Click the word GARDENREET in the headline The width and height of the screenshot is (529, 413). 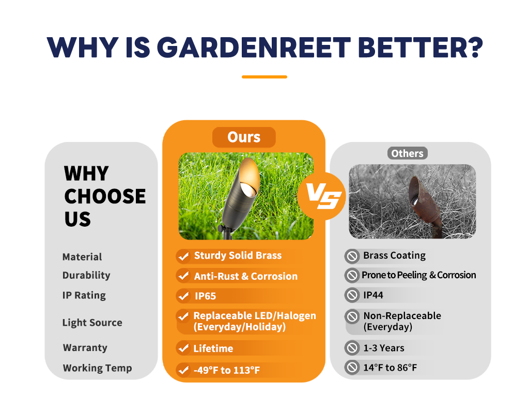pos(254,47)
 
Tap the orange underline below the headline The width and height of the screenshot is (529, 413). pos(264,77)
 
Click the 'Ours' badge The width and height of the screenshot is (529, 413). pos(244,137)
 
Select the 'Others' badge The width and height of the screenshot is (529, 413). pos(407,153)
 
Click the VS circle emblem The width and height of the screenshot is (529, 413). pos(322,196)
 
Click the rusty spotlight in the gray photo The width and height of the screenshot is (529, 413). pos(426,204)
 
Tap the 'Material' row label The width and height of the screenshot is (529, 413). pos(82,257)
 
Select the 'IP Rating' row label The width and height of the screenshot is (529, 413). pos(84,295)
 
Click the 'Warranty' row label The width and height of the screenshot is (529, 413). pos(85,347)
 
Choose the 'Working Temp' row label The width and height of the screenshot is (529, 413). pos(97,368)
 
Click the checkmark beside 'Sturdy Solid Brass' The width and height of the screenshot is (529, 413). pos(183,256)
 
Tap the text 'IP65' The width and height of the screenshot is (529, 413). pos(205,296)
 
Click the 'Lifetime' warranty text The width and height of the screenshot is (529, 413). pos(213,348)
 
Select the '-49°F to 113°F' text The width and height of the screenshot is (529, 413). pos(227,370)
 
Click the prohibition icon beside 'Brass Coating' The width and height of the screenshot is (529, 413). pos(352,256)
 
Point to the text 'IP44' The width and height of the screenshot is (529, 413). pos(373,295)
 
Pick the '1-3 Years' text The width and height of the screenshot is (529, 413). pos(384,348)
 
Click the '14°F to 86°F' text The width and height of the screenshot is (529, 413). pos(390,368)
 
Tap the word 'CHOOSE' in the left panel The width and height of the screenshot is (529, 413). pos(105,196)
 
